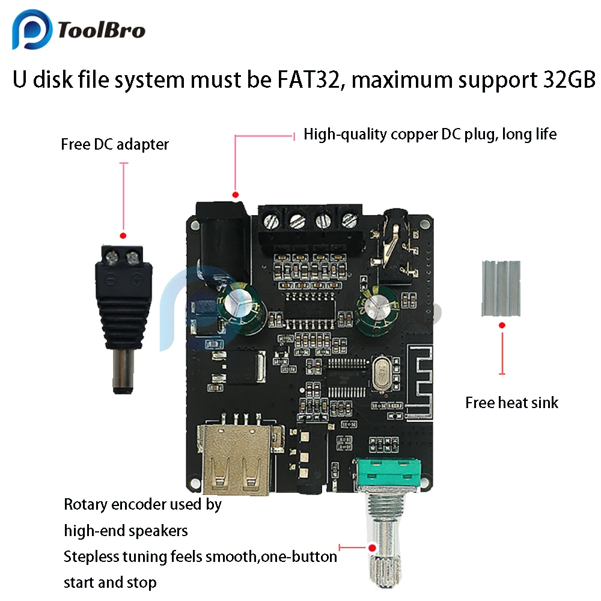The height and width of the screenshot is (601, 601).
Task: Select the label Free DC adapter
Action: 115,145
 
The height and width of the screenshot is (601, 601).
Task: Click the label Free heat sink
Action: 511,403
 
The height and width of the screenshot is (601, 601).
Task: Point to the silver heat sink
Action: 501,288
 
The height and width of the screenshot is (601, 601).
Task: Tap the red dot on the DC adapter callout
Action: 123,236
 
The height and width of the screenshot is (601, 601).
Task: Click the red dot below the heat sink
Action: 502,326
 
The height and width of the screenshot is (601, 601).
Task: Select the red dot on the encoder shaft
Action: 372,548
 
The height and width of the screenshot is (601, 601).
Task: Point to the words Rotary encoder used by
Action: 142,505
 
